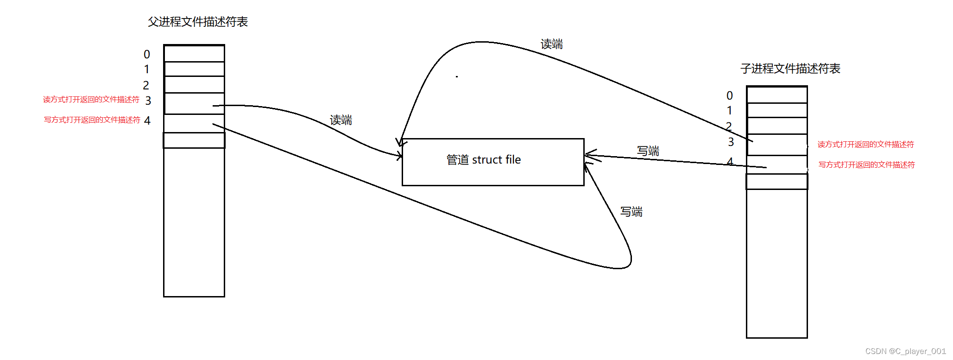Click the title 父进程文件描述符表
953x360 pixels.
198,22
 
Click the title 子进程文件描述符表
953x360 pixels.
790,69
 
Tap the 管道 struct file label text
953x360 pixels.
483,160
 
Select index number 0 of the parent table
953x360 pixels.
147,54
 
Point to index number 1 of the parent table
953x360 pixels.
147,69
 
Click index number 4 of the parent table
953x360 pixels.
147,120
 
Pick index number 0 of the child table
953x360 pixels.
730,95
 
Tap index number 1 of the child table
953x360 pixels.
730,111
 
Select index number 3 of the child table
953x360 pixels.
731,142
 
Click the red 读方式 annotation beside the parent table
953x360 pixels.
91,100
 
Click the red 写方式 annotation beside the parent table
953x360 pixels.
92,120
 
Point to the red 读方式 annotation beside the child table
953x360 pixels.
865,145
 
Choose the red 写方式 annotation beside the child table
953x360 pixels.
866,165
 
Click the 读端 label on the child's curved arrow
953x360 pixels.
551,44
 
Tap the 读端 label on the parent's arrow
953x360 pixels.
341,120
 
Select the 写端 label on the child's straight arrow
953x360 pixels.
648,151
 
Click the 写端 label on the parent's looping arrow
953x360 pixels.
631,212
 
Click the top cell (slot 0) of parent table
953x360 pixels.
195,54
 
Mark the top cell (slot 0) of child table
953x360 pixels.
777,95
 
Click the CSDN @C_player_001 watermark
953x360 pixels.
905,351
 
